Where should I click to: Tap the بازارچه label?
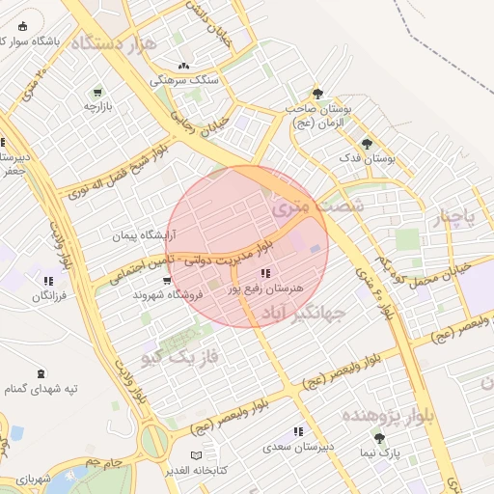click(x=99, y=107)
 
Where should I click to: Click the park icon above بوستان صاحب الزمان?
click(x=317, y=94)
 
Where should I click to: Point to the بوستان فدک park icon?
click(x=367, y=143)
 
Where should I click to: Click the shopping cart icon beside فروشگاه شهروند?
click(x=168, y=282)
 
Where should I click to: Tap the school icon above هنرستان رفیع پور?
click(x=265, y=274)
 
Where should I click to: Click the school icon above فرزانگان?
click(x=47, y=282)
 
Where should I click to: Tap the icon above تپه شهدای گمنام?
click(x=40, y=372)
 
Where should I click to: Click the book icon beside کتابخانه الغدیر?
click(x=197, y=454)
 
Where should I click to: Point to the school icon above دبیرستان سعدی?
click(x=298, y=431)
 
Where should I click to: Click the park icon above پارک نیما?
click(x=380, y=437)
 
